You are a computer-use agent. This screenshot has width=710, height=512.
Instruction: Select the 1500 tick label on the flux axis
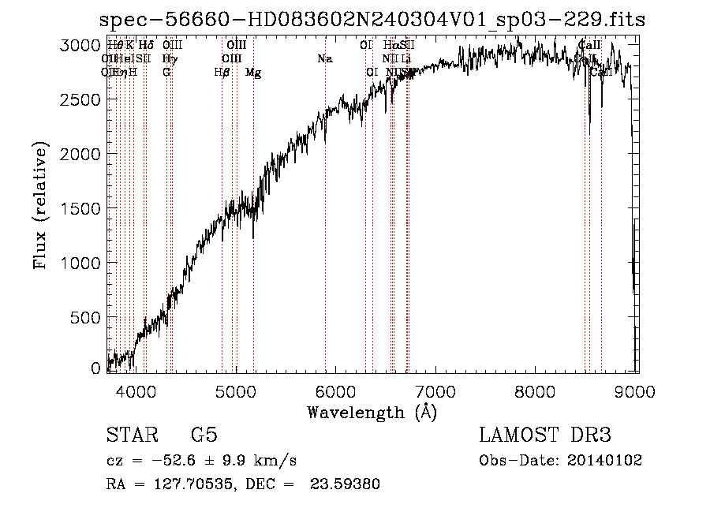click(82, 208)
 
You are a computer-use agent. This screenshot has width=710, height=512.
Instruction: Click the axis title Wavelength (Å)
click(372, 412)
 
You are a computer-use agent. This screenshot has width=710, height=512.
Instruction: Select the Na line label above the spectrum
click(324, 58)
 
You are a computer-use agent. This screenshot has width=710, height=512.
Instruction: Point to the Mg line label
click(253, 73)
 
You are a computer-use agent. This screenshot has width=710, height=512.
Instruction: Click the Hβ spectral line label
click(222, 73)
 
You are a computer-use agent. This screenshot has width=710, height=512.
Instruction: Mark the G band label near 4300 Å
click(166, 73)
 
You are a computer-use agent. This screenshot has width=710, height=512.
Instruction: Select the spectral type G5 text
click(204, 435)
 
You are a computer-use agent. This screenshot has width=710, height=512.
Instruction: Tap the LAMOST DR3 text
click(545, 435)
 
